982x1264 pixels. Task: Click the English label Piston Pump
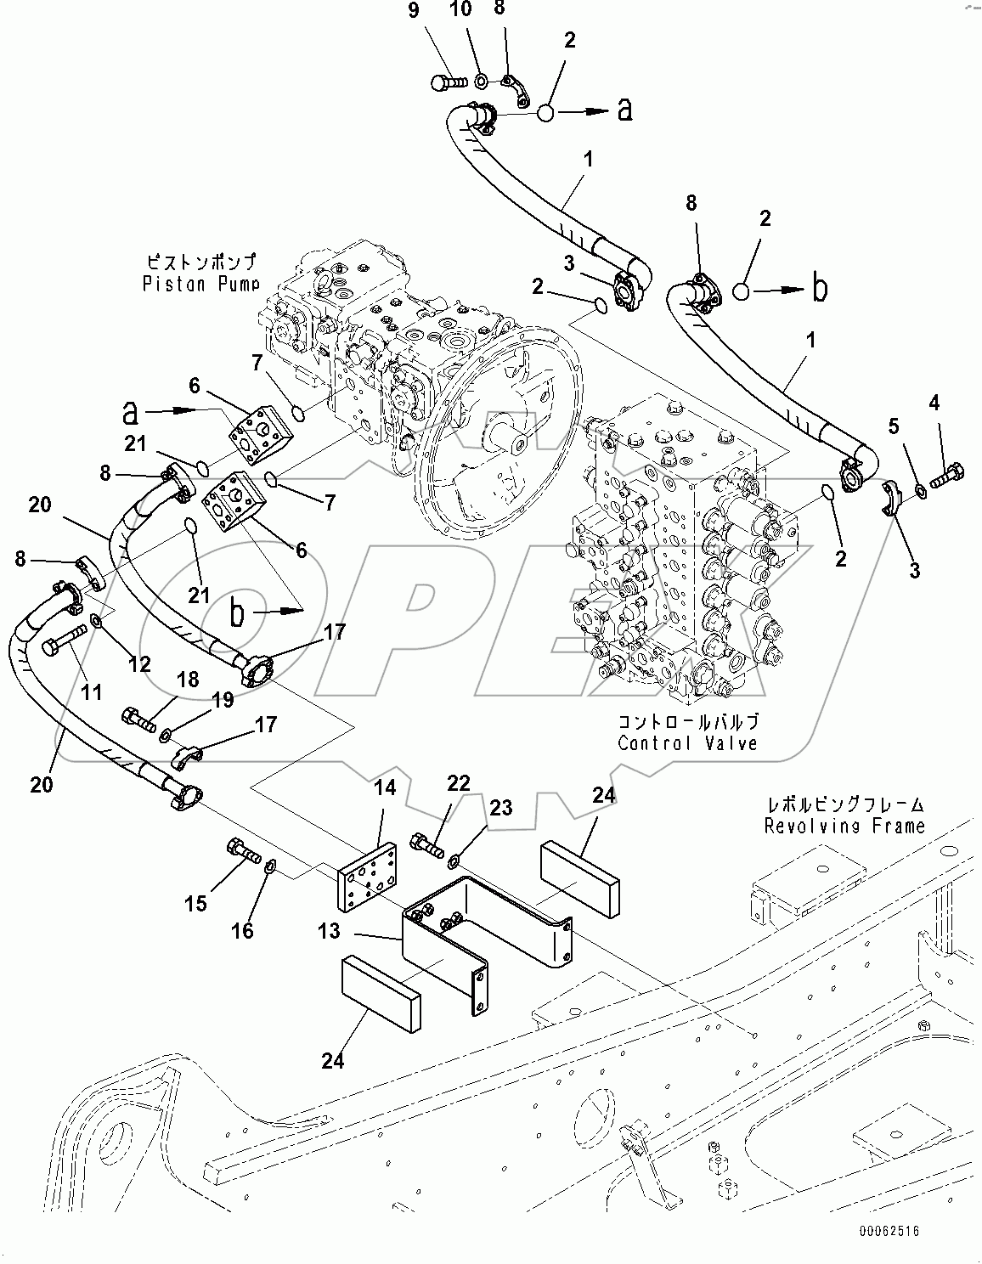200,283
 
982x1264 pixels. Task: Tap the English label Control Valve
687,742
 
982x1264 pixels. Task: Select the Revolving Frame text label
844,825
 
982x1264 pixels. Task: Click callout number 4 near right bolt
934,403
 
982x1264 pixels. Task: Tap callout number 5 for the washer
893,426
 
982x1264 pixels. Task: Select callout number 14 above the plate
385,787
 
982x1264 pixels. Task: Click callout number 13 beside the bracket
329,931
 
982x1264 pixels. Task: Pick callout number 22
458,782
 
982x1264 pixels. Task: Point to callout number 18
188,679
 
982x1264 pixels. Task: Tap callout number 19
223,701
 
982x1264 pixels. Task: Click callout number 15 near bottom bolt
196,903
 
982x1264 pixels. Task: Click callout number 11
91,692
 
